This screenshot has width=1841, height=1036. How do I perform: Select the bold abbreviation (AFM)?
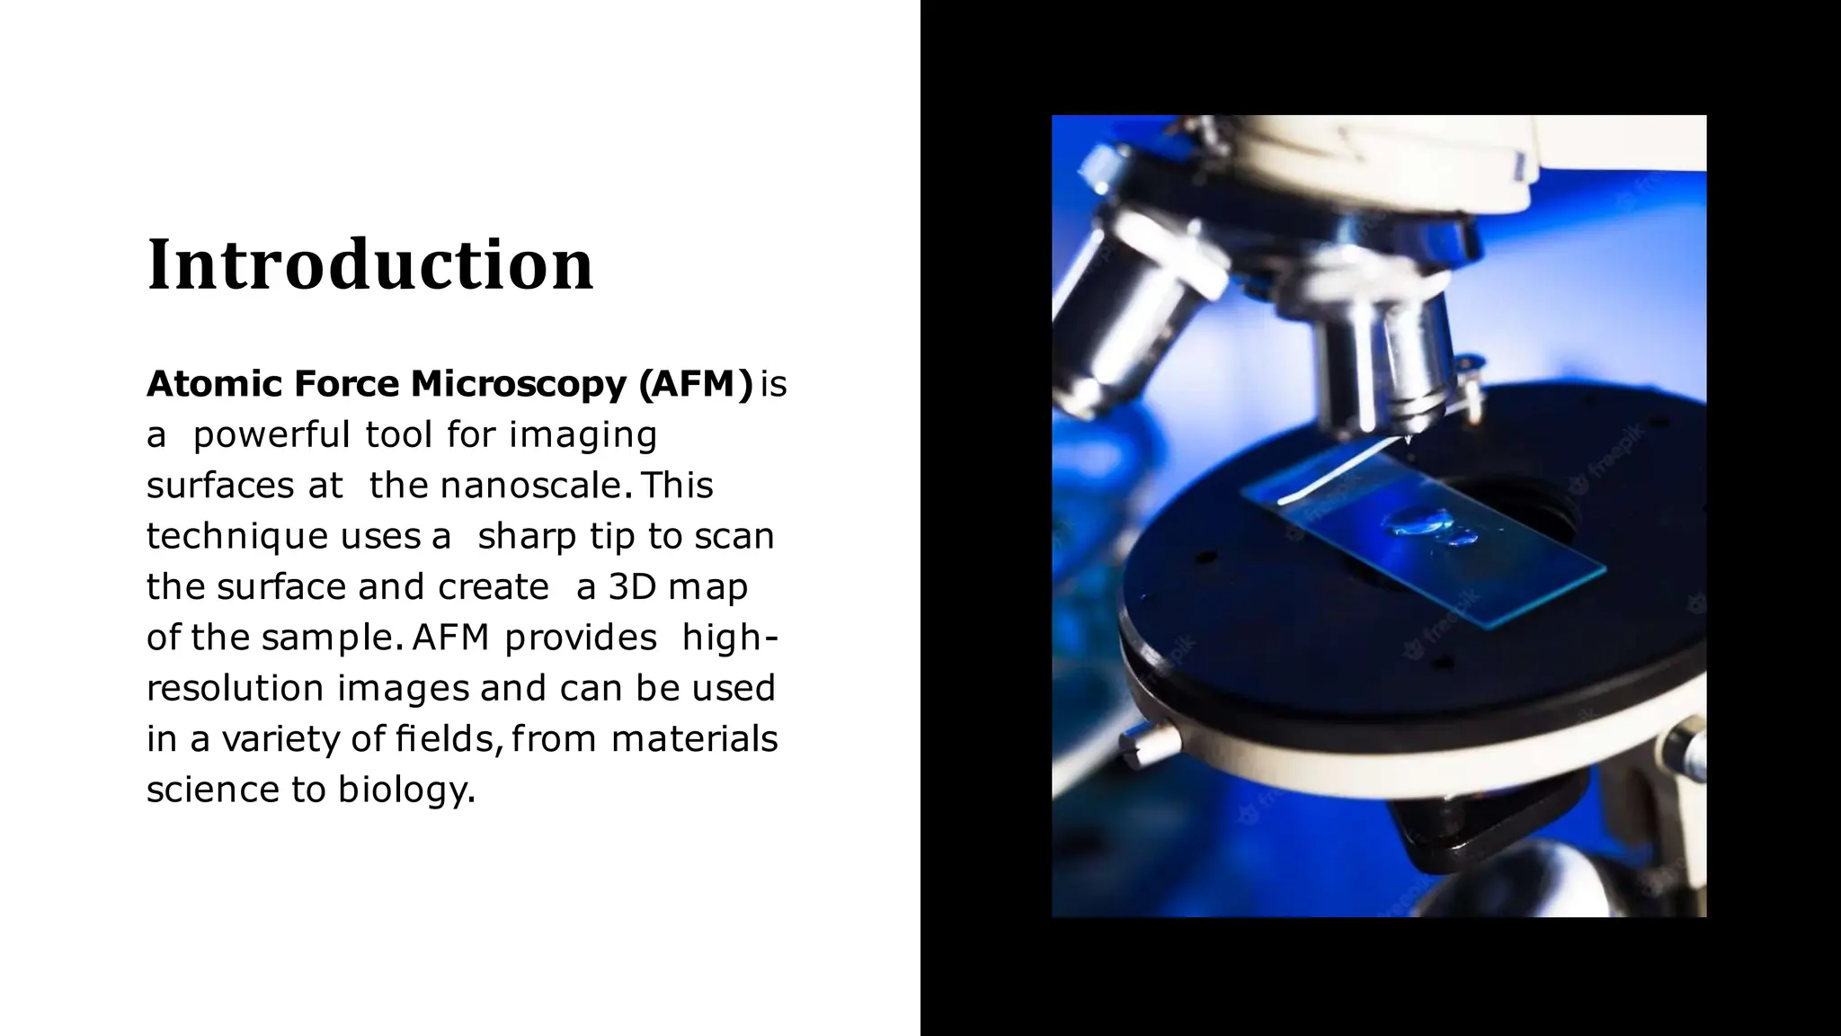pyautogui.click(x=695, y=384)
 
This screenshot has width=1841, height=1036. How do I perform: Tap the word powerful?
pyautogui.click(x=271, y=435)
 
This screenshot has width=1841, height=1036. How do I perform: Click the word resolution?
pyautogui.click(x=236, y=689)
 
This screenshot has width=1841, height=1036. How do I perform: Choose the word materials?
pyautogui.click(x=694, y=739)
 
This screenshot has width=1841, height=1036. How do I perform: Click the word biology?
pyautogui.click(x=405, y=790)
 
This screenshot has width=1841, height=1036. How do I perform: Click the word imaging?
pyautogui.click(x=583, y=435)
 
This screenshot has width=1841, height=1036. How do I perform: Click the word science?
pyautogui.click(x=212, y=790)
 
